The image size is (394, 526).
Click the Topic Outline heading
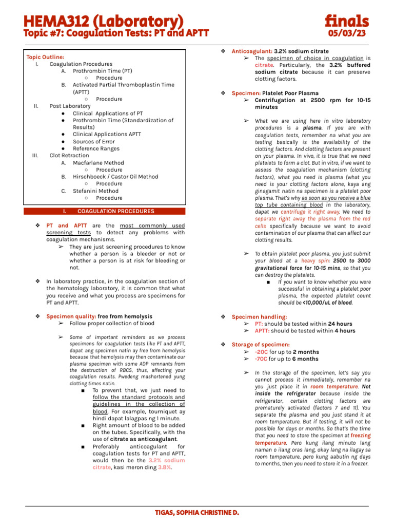click(45, 57)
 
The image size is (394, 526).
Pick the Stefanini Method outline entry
click(95, 191)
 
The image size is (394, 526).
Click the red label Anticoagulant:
click(252, 51)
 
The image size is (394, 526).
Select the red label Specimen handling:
click(259, 317)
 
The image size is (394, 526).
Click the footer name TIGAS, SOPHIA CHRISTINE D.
click(197, 513)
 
